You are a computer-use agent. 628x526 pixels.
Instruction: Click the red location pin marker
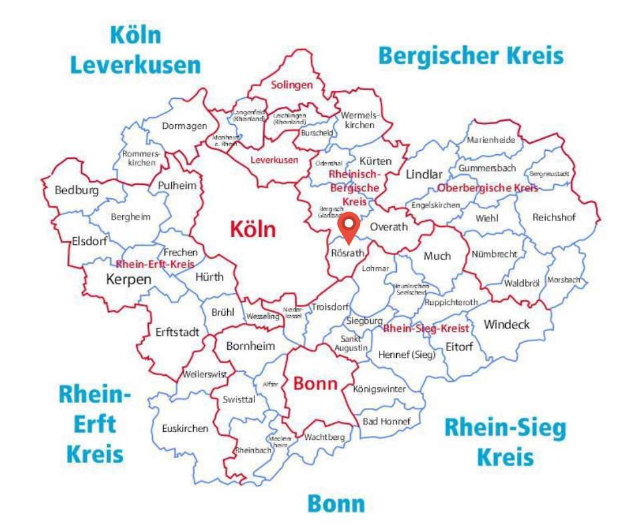coord(349,228)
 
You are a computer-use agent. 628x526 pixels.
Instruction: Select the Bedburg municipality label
coord(76,190)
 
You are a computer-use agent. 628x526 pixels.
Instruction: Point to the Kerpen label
coord(128,279)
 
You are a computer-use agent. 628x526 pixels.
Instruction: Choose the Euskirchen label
coord(184,429)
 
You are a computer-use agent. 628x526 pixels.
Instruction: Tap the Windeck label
coord(506,324)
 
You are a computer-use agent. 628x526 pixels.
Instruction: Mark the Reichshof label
coord(554,218)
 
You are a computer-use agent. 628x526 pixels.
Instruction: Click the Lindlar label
coord(424,174)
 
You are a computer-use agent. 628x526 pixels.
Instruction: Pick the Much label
coord(437,256)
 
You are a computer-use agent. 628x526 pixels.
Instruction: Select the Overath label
coord(388,227)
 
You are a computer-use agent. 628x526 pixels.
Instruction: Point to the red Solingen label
coord(291,85)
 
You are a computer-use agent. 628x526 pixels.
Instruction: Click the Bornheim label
coord(250,346)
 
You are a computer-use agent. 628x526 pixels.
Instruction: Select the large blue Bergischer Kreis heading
coord(470,55)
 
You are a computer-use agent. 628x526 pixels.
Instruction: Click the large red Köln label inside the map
coord(253,229)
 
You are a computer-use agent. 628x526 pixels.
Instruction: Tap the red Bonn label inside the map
coord(315,384)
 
